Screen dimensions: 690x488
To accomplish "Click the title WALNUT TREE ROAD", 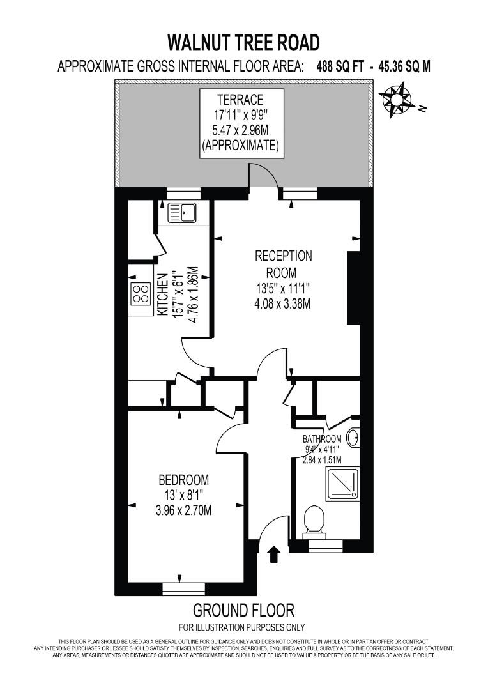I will tap(243, 43).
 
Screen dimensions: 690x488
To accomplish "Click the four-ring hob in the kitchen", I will tap(141, 293).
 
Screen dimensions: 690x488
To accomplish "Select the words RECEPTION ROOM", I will tap(283, 264).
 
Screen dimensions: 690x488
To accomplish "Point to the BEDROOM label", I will tap(184, 480).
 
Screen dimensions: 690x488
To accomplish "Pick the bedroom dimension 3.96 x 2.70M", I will tap(184, 510).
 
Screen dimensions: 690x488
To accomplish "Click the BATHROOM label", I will tap(322, 439).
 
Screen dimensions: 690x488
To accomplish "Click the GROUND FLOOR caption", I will tap(243, 609).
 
